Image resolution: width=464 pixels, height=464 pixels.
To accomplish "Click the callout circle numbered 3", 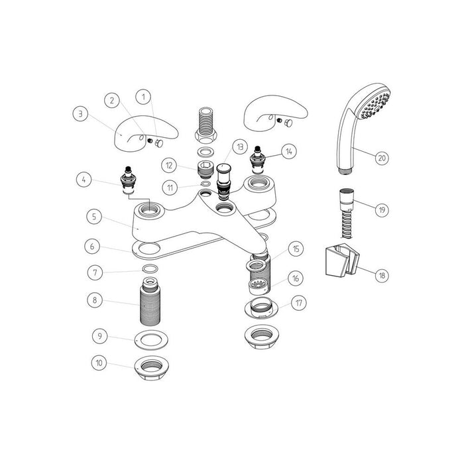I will [80, 113].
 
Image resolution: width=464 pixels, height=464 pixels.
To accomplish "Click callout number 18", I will [380, 274].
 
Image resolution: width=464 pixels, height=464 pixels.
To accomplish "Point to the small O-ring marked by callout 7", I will [150, 269].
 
